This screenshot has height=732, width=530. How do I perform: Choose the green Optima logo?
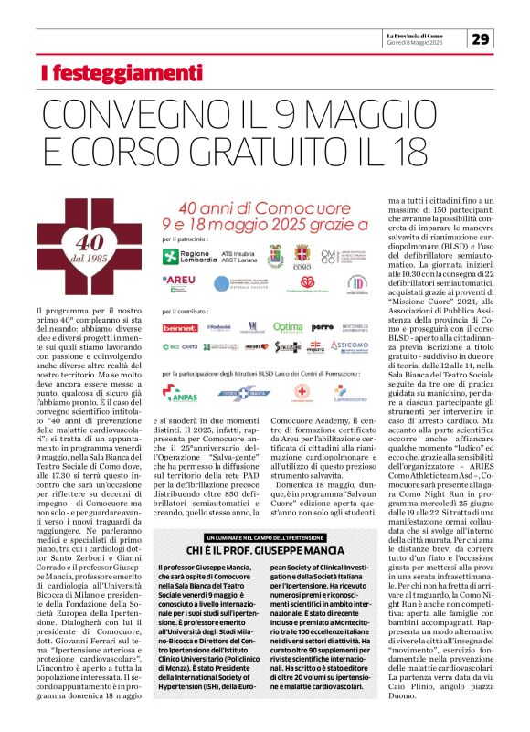[x=287, y=326]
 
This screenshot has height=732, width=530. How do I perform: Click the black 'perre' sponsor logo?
[x=322, y=326]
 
